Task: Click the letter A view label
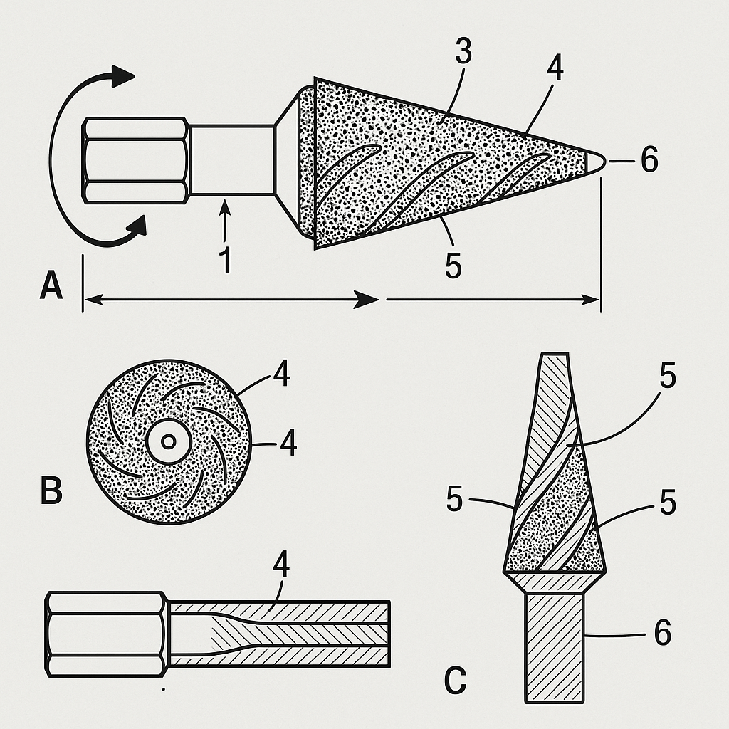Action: click(51, 286)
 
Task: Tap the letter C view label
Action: click(455, 681)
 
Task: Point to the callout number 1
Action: click(225, 261)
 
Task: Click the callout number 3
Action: click(463, 51)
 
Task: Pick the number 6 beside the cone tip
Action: click(649, 159)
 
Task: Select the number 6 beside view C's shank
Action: click(663, 632)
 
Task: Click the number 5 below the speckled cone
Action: click(453, 266)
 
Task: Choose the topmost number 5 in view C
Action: click(668, 376)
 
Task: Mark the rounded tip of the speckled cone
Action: click(595, 162)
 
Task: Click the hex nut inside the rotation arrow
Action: click(136, 161)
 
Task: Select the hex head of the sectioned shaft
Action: click(107, 634)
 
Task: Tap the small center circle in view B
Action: click(168, 441)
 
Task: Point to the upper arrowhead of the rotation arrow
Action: click(122, 75)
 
